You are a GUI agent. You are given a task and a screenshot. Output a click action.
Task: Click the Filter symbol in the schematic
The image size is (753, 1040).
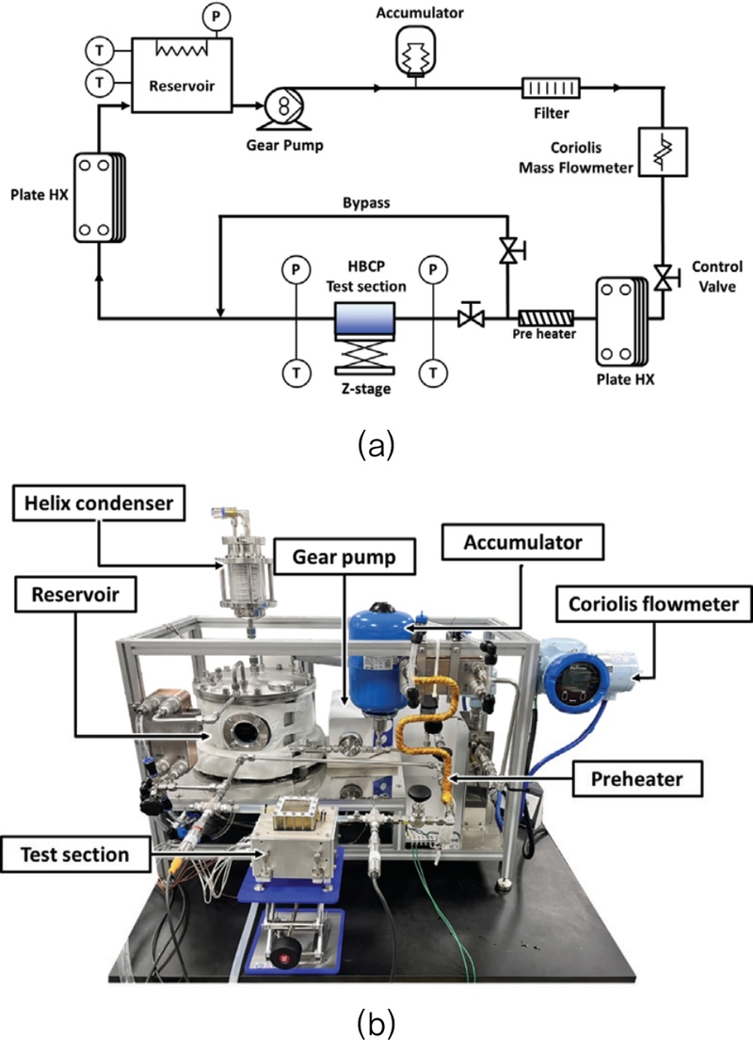pos(552,89)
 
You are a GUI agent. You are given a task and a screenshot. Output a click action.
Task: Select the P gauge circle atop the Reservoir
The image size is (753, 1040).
pos(210,16)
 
